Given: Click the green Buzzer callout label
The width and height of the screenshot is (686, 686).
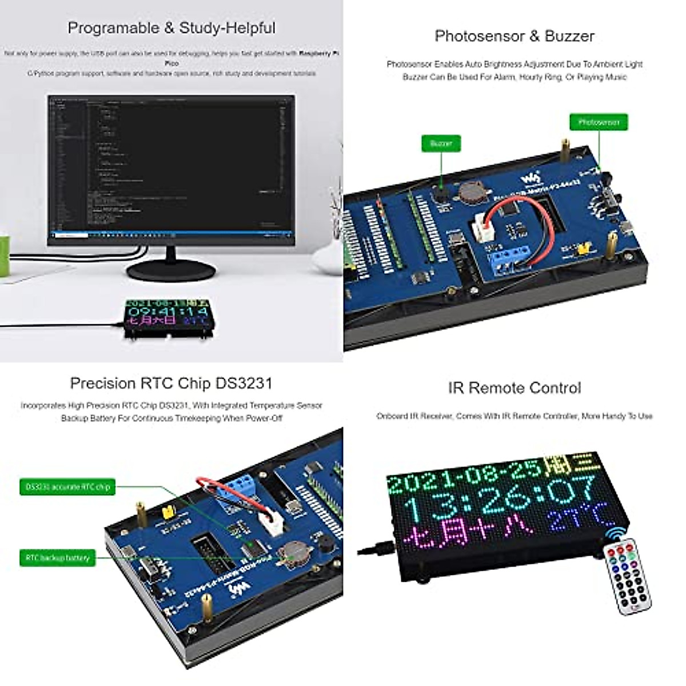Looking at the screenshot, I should tap(441, 143).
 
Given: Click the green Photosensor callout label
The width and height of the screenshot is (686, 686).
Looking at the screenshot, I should tap(598, 122).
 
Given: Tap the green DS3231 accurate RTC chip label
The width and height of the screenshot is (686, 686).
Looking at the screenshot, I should tap(67, 487).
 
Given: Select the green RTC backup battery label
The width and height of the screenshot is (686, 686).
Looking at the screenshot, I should tap(57, 558).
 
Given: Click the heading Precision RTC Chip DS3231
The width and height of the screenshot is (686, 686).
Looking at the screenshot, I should tap(171, 383).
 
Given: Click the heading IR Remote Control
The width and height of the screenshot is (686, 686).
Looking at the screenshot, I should tap(514, 388).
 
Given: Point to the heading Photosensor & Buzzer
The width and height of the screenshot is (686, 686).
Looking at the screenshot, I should tap(514, 36).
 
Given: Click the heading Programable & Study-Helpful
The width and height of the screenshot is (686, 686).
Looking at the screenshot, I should tap(171, 28).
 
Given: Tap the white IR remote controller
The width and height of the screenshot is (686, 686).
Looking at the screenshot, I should tap(627, 577).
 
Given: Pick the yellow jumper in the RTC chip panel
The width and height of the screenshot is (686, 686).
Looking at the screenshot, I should tap(169, 511).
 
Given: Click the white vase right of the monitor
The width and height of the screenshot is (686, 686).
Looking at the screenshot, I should tap(327, 257).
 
